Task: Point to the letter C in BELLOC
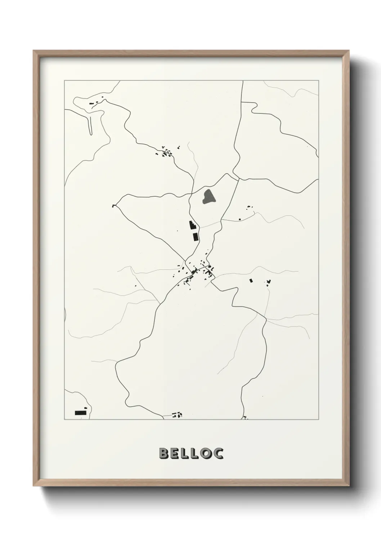click(x=218, y=453)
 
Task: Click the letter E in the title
click(x=174, y=453)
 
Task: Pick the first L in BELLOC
click(x=184, y=453)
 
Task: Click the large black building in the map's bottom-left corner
click(x=81, y=412)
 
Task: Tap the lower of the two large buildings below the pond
click(x=196, y=237)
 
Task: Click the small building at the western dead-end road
click(x=115, y=206)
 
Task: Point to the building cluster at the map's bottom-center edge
click(x=177, y=415)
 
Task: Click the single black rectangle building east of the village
click(x=251, y=280)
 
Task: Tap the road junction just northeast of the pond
click(x=238, y=179)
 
